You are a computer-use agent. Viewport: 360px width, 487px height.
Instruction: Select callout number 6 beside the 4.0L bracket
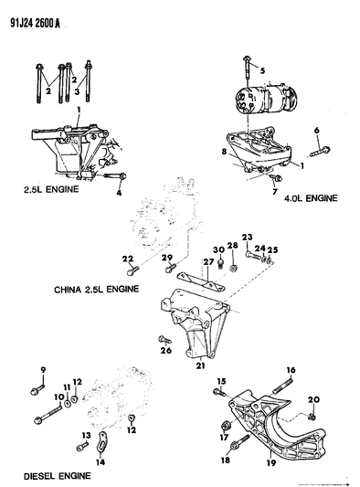click(x=319, y=131)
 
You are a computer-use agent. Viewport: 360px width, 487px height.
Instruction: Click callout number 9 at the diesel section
click(x=42, y=368)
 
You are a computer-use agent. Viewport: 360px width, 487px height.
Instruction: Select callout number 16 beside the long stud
click(x=291, y=369)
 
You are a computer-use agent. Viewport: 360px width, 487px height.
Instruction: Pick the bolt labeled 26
click(x=152, y=339)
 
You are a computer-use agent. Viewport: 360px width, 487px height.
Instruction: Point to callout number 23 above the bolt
click(x=247, y=236)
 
